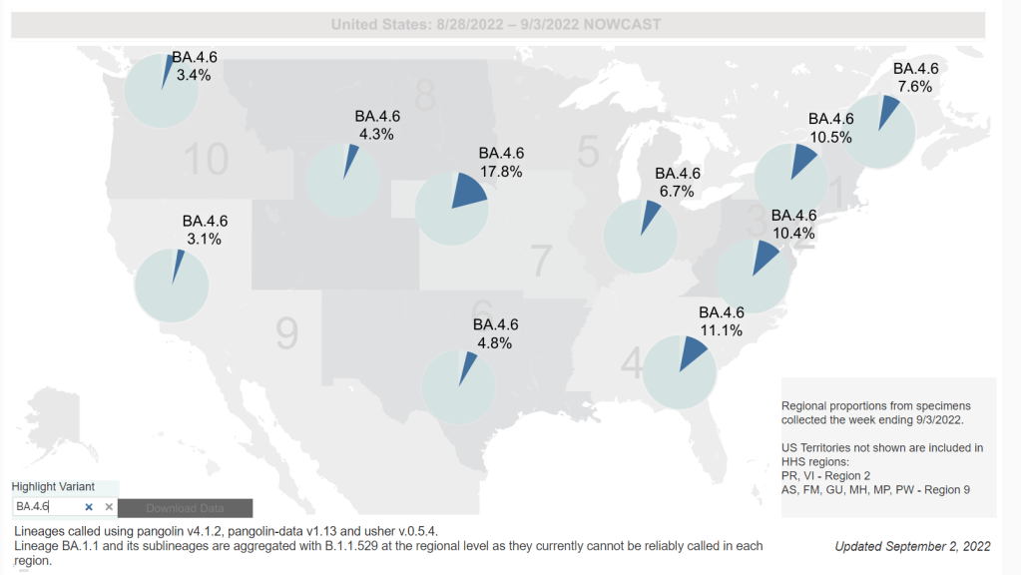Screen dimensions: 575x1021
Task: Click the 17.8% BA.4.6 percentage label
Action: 501,171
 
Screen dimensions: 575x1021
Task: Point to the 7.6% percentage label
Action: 915,86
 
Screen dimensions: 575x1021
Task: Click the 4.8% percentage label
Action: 495,342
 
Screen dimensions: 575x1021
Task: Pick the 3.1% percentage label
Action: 205,239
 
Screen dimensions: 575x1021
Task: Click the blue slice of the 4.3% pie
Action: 347,166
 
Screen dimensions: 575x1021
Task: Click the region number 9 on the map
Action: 287,333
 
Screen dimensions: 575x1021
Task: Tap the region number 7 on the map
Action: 541,261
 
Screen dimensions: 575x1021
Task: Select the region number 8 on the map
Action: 426,97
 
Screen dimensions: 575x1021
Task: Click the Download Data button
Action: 185,508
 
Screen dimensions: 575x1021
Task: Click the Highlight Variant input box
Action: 45,507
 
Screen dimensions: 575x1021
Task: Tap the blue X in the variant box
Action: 88,507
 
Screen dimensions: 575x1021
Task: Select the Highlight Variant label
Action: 53,486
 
